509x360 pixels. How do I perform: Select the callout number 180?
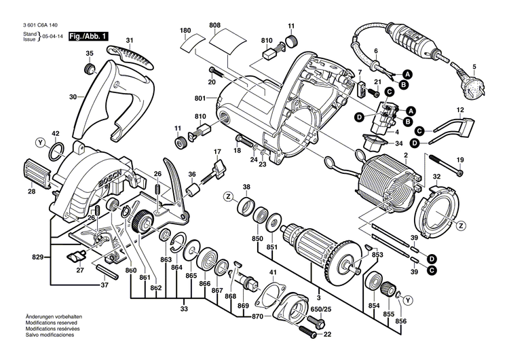click(x=185, y=31)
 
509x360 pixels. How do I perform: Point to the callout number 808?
click(x=215, y=26)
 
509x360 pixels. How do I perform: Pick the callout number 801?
click(x=200, y=99)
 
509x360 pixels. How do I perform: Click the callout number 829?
click(x=37, y=257)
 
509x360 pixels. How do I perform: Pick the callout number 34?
click(x=398, y=143)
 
